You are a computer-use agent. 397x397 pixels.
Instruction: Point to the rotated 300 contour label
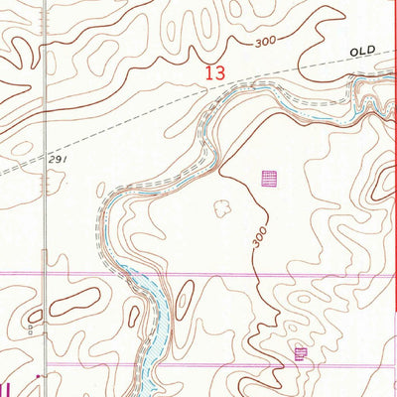[258, 237]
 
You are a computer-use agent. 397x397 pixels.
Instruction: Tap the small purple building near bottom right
[301, 352]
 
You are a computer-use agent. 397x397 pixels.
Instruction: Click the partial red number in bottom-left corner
[8, 387]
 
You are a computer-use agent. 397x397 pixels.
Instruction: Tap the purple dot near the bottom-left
[38, 377]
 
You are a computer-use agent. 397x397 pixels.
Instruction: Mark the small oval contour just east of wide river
[183, 295]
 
